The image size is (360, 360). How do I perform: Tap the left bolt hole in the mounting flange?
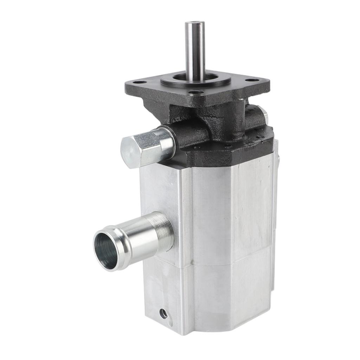140,82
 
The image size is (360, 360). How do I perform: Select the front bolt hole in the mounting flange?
196,93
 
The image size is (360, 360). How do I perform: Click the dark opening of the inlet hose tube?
105,251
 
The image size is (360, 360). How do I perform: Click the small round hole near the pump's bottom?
163,313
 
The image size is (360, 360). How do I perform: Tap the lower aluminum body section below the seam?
225,299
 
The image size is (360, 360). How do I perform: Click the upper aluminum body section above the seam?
225,211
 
